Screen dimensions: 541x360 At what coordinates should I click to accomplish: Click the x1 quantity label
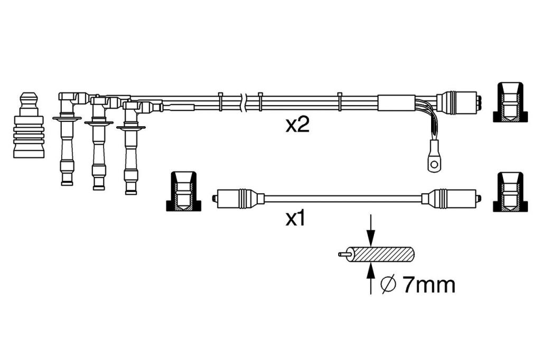(296, 219)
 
